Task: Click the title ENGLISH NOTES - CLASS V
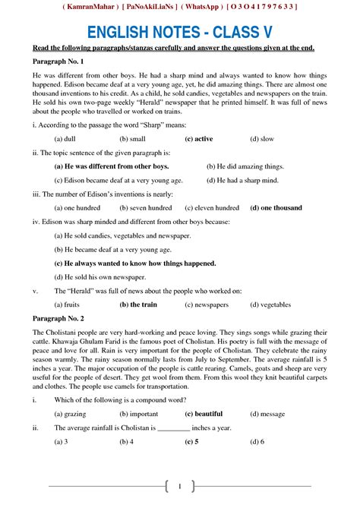click(x=179, y=31)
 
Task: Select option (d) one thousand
click(x=276, y=207)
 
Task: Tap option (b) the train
click(x=138, y=304)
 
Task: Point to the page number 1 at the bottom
click(x=179, y=485)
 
